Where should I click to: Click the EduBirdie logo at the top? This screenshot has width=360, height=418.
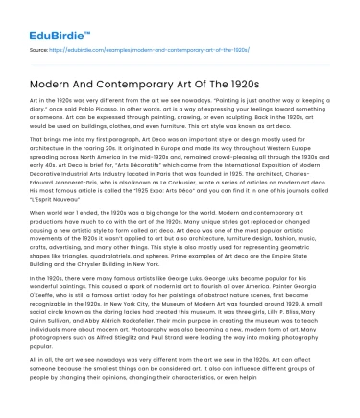pyautogui.click(x=47, y=18)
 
